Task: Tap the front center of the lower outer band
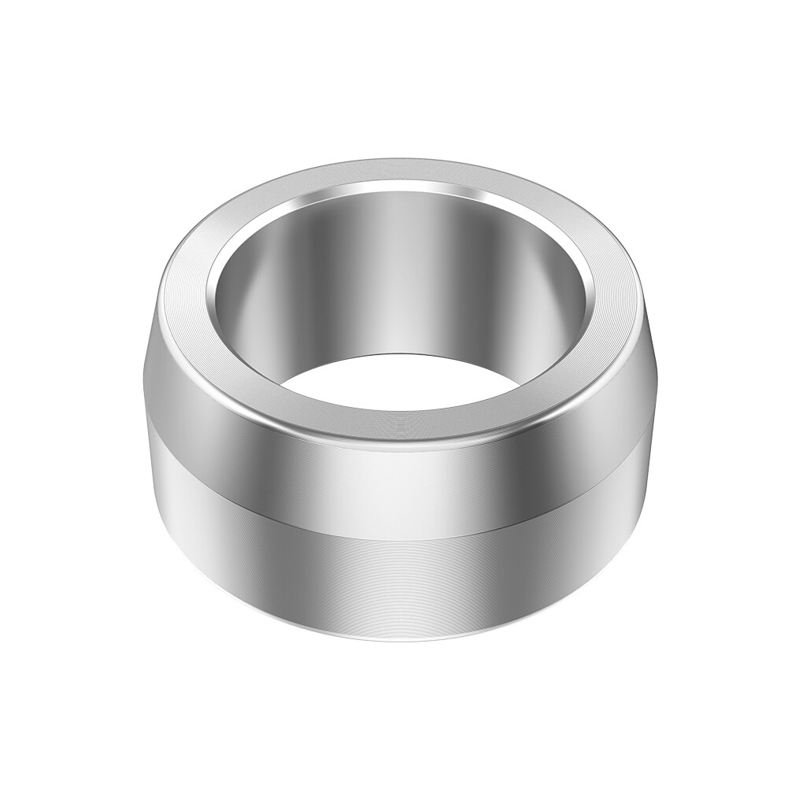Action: click(x=394, y=575)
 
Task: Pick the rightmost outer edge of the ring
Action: click(x=653, y=378)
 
